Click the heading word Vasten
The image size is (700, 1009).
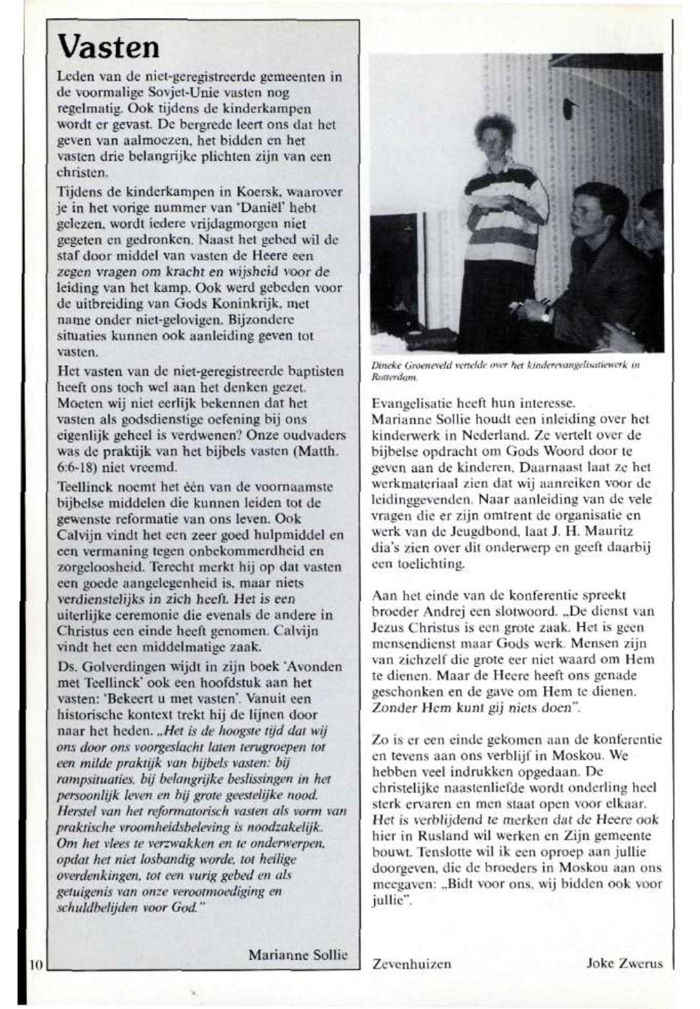109,47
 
